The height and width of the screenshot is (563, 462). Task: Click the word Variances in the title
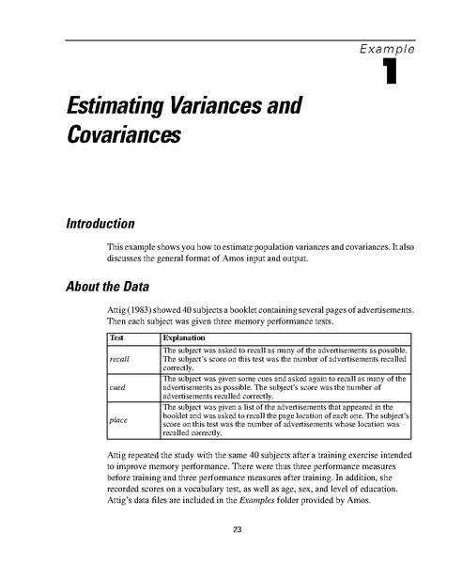pos(208,108)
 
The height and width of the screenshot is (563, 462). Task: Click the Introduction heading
pos(105,224)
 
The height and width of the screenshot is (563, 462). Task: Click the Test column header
pos(117,336)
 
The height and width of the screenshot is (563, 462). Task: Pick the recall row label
pos(119,358)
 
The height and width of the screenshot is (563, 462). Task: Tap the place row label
pos(118,420)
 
